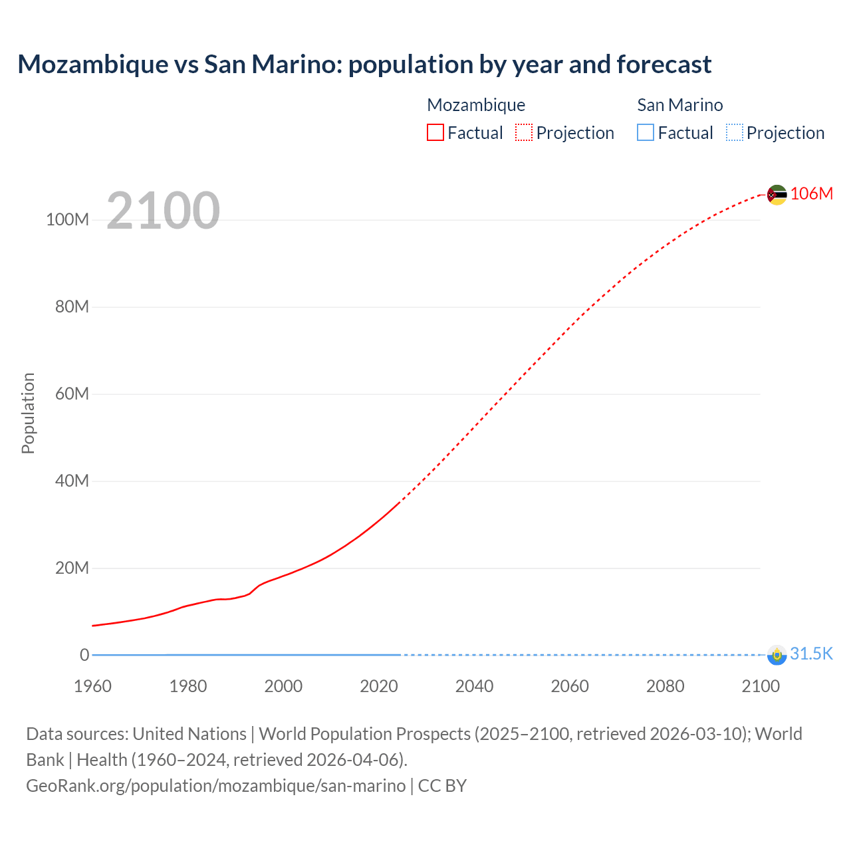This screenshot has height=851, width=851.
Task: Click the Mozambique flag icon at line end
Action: click(x=777, y=195)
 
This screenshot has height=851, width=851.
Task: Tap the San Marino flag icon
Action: click(x=777, y=655)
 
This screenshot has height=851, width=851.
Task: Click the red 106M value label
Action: click(x=811, y=193)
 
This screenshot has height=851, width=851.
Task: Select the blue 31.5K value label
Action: click(x=811, y=654)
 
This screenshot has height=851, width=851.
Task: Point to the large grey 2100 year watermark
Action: click(x=163, y=211)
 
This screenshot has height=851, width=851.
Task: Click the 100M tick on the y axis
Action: click(x=67, y=220)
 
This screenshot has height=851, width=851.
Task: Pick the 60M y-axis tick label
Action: click(x=72, y=394)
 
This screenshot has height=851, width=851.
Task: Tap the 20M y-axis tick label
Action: click(x=72, y=568)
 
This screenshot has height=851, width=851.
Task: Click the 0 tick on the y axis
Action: click(x=84, y=655)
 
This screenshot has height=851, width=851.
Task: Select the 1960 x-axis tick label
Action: click(x=92, y=686)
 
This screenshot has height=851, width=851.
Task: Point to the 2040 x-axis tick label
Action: click(x=474, y=686)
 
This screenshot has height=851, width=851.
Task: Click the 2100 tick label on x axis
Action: click(x=761, y=686)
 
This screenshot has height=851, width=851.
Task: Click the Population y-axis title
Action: click(x=28, y=413)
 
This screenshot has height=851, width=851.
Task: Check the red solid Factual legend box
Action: click(x=435, y=133)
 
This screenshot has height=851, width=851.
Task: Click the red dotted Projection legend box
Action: click(x=524, y=133)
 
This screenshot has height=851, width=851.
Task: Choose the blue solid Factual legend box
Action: click(x=646, y=133)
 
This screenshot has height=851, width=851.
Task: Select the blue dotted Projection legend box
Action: click(x=735, y=133)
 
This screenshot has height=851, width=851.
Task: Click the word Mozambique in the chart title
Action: click(x=93, y=64)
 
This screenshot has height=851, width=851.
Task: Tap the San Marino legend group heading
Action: click(x=679, y=105)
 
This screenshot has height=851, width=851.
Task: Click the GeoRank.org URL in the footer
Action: click(x=215, y=786)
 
